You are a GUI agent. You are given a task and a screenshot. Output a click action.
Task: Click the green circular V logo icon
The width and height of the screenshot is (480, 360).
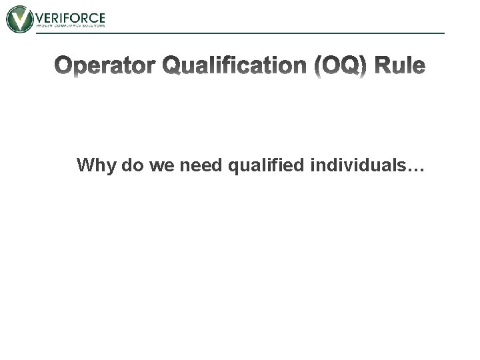coord(19,19)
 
